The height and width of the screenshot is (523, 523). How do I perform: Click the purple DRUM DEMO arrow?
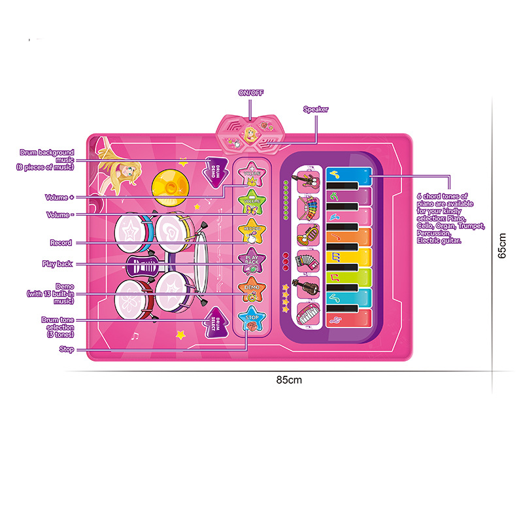(216, 172)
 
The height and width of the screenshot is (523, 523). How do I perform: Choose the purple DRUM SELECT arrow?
(212, 322)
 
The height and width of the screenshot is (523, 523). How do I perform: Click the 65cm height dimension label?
(502, 246)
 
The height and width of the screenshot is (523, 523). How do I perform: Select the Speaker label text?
(316, 109)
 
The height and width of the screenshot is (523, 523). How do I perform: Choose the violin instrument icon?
(307, 286)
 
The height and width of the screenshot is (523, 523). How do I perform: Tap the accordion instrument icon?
(307, 260)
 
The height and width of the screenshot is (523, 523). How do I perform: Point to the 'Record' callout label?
(61, 243)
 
